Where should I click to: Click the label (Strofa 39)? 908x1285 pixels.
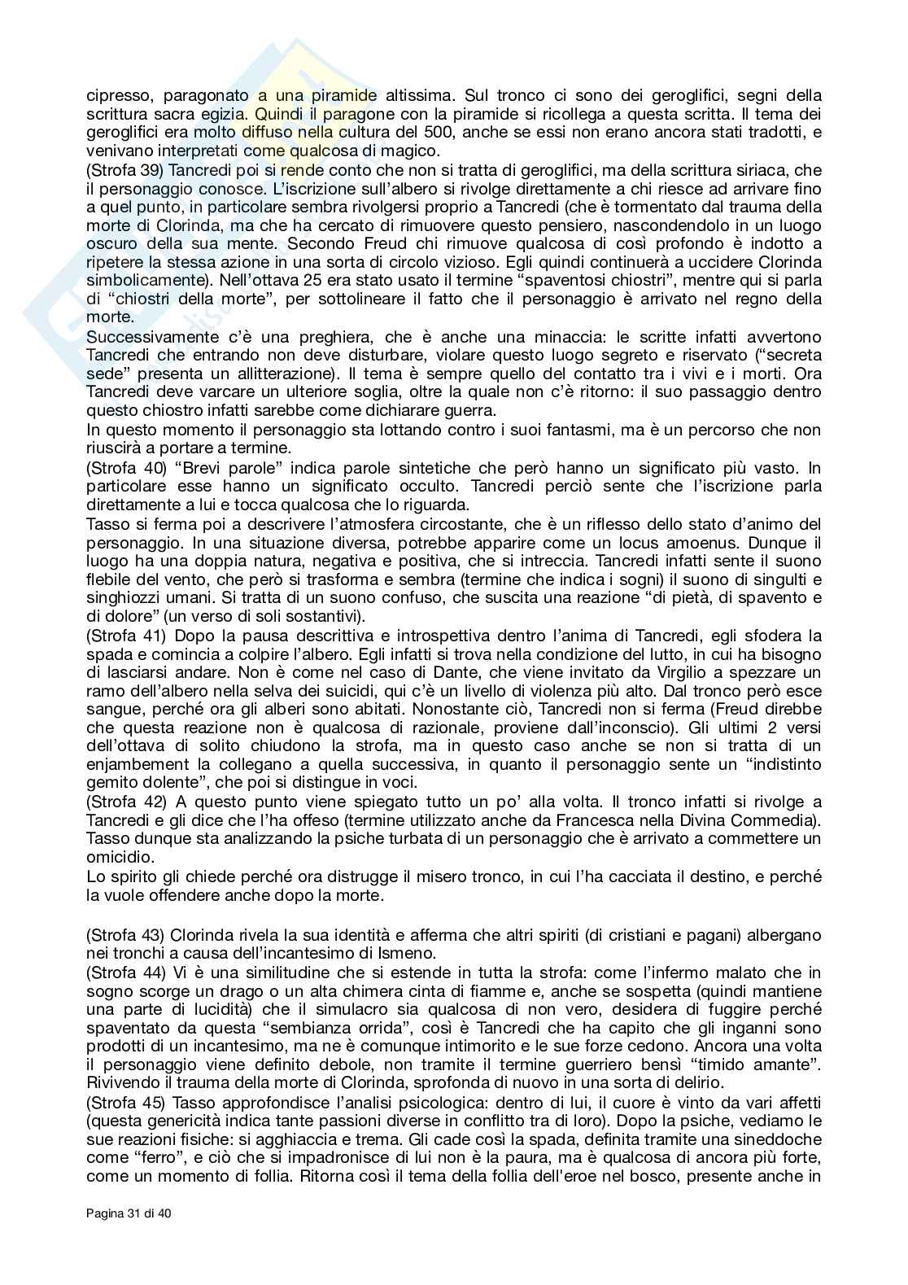coord(120,170)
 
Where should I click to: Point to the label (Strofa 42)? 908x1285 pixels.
coord(120,802)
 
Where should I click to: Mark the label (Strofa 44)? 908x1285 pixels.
coord(120,972)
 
